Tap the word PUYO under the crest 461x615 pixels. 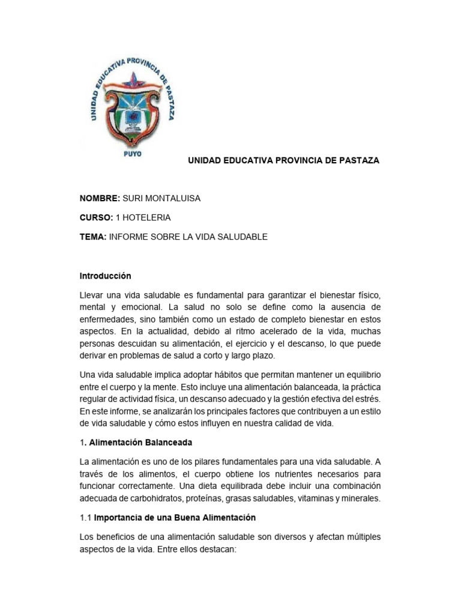[x=132, y=154]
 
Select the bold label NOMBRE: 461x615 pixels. [x=100, y=199]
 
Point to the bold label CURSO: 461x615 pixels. [x=97, y=217]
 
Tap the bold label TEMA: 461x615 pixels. [x=93, y=237]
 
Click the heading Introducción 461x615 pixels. [x=105, y=276]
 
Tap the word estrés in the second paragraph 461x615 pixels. [x=367, y=399]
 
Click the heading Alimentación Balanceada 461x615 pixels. [x=140, y=442]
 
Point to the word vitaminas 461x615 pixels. [x=310, y=498]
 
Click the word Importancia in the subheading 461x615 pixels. [x=118, y=517]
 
